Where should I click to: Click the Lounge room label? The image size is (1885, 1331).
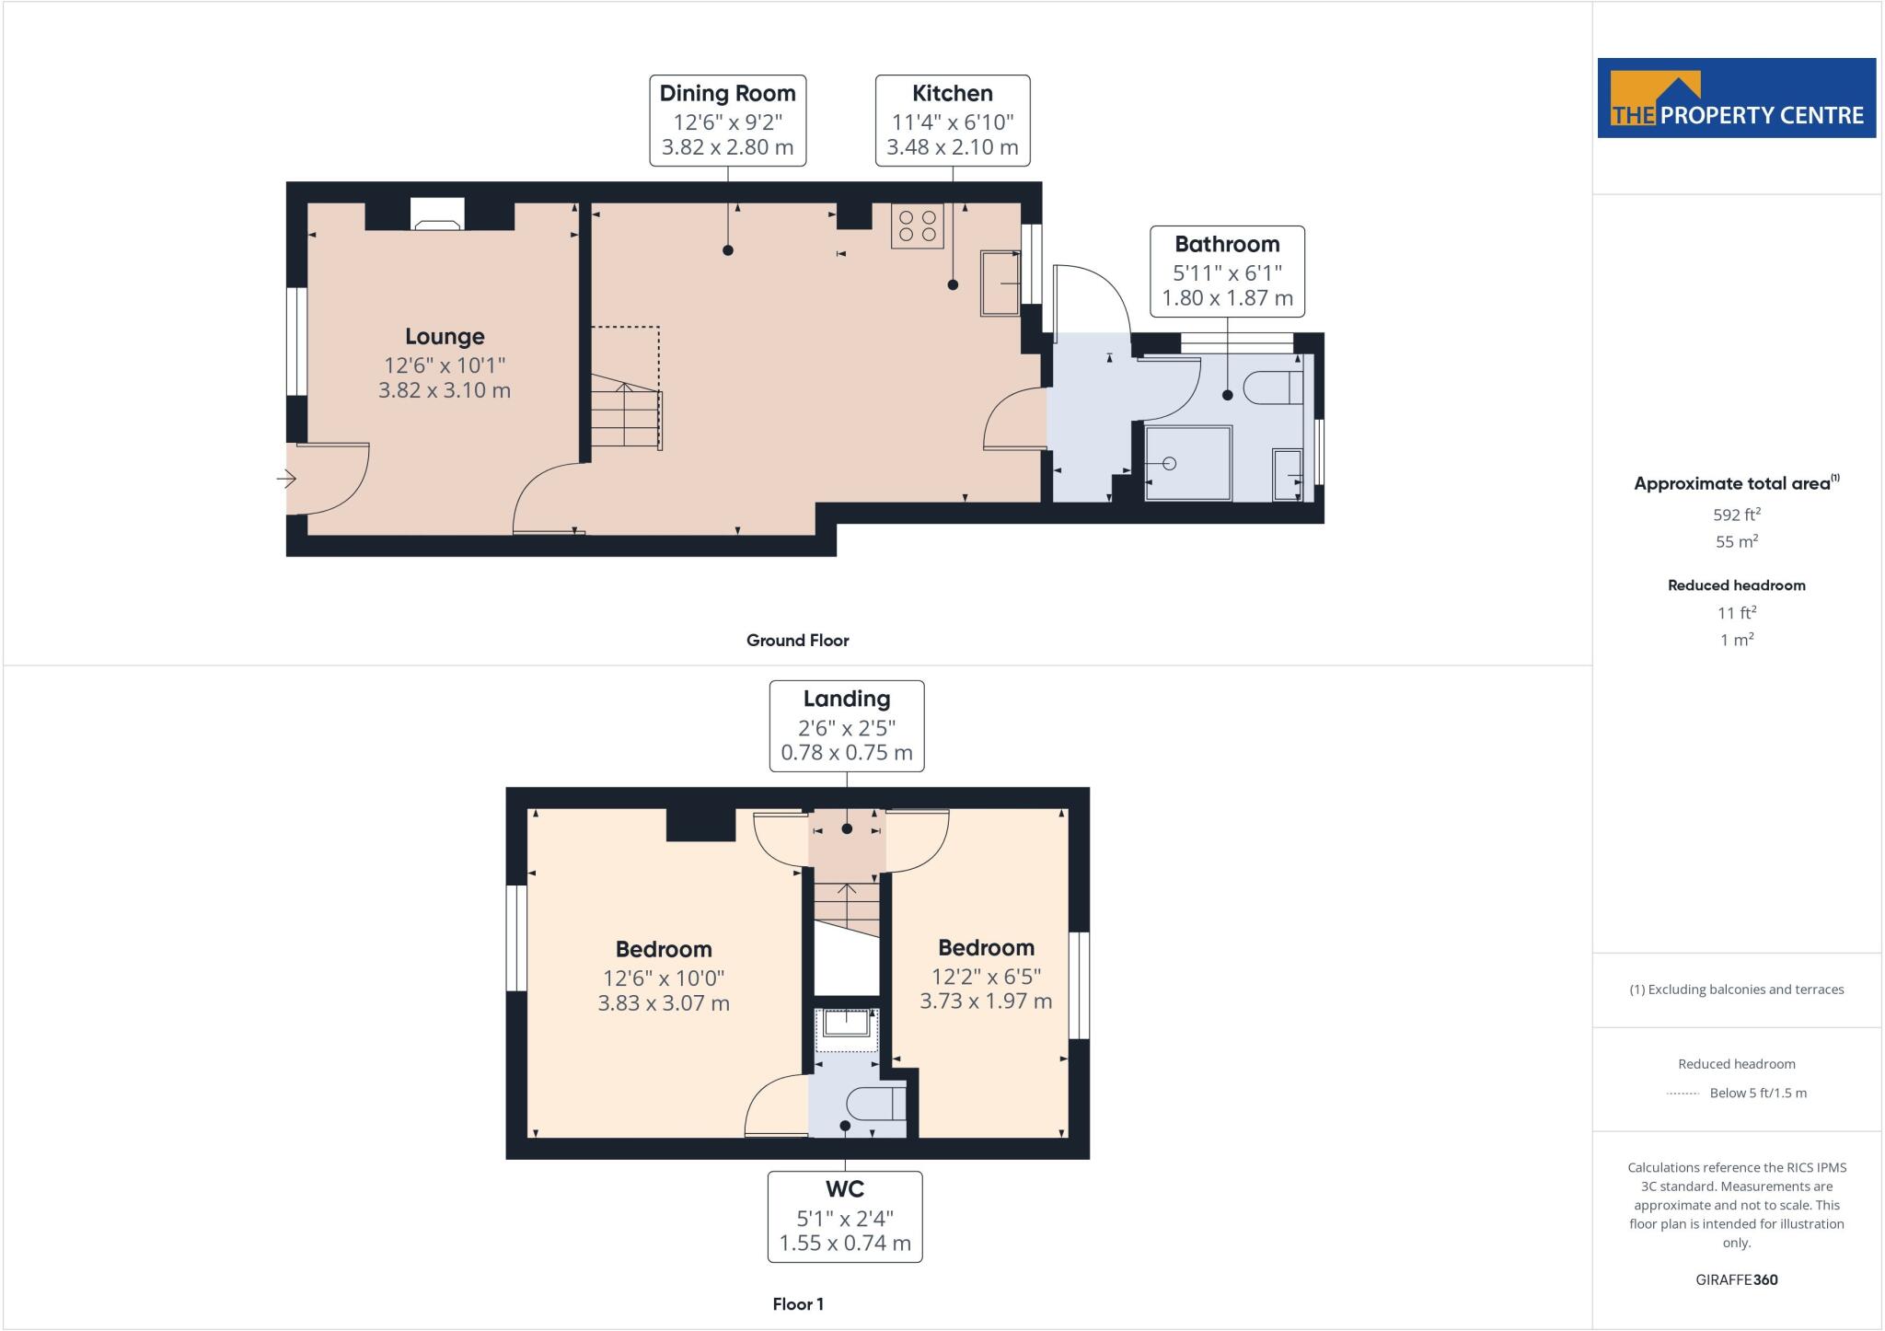445,337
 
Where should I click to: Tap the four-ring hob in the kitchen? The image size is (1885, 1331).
917,226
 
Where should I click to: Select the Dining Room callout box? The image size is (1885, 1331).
727,121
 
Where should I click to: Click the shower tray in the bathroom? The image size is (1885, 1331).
1187,463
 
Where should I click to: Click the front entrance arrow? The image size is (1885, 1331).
286,479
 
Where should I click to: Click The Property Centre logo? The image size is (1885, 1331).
1736,98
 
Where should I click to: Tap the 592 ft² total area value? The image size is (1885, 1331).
1736,515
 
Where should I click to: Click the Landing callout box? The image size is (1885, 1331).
846,726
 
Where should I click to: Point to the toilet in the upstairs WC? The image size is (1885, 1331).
875,1103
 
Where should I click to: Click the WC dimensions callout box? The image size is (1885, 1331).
845,1216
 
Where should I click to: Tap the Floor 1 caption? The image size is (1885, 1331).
797,1303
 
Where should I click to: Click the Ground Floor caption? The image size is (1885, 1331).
797,641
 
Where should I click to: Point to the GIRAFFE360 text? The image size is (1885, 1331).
1736,1279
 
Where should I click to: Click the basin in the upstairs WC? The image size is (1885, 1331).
846,1025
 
